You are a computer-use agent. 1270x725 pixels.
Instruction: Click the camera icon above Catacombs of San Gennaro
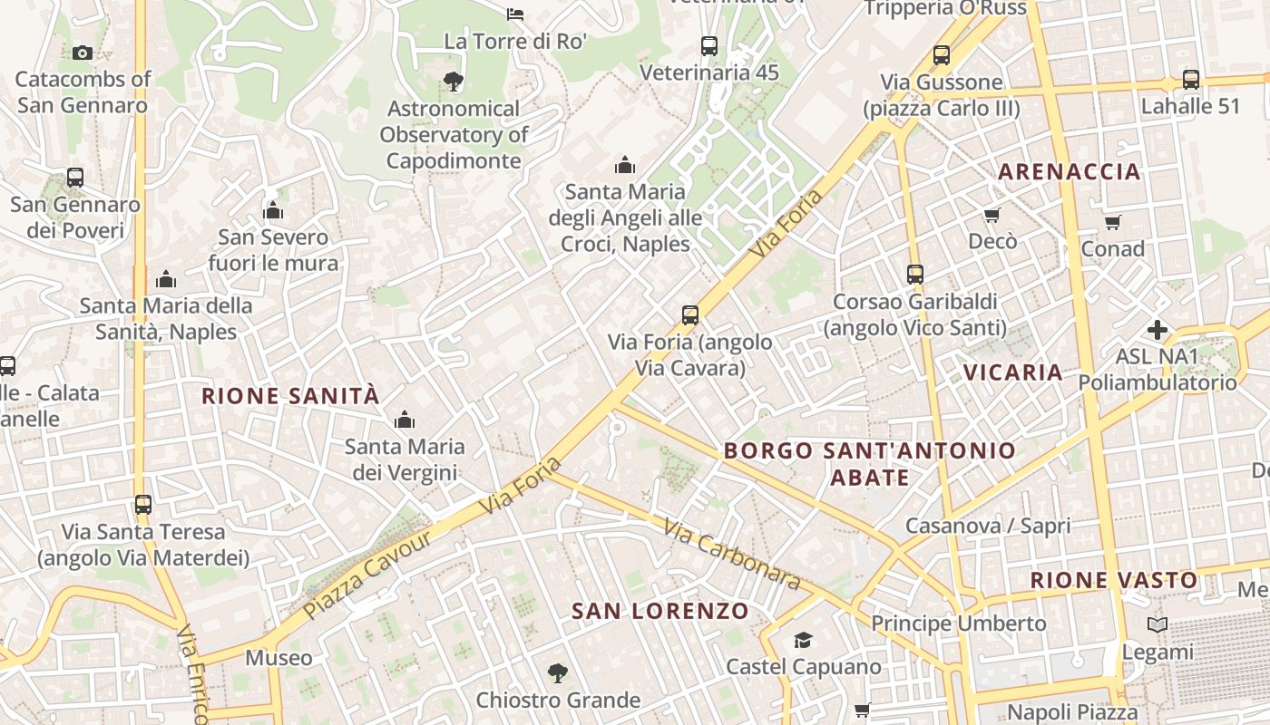tap(83, 53)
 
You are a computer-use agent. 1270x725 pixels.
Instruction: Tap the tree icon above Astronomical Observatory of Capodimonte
tap(454, 82)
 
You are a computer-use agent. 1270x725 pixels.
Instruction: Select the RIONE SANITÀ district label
tap(290, 396)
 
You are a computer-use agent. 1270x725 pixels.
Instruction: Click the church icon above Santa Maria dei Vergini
tap(405, 420)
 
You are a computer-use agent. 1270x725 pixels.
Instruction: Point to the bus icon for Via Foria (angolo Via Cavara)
tap(690, 315)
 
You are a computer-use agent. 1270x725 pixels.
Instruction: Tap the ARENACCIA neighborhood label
tap(1070, 172)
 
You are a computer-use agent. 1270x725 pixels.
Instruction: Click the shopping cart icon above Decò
tap(992, 215)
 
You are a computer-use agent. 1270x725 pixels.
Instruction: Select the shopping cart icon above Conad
tap(1113, 222)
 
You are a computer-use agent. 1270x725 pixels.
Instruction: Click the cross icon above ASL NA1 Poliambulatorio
tap(1158, 329)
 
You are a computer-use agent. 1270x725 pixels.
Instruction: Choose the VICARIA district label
tap(1013, 372)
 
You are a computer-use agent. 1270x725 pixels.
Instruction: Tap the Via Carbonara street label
tap(731, 554)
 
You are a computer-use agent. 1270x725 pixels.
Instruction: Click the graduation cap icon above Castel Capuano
tap(803, 641)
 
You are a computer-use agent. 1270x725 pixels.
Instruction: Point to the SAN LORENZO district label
tap(660, 612)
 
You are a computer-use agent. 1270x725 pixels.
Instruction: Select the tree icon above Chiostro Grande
tap(558, 673)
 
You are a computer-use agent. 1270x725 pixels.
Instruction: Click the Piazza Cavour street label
tap(368, 575)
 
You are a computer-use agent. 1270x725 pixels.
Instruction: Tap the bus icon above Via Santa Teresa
tap(143, 504)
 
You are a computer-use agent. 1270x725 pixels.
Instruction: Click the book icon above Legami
tap(1158, 624)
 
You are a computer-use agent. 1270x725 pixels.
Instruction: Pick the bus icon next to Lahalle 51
tap(1191, 80)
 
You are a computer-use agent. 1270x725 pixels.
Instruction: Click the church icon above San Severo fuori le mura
tap(273, 211)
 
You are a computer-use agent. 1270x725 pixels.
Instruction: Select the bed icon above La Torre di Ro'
tap(515, 14)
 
